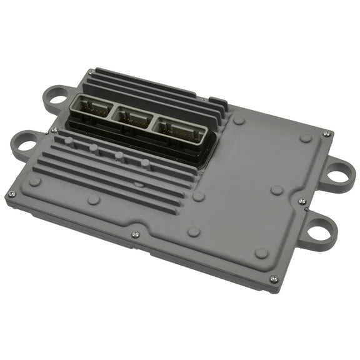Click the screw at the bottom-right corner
[x=273, y=280]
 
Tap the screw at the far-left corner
[x=11, y=194]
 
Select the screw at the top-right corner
[x=325, y=133]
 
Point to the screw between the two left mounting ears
[x=54, y=130]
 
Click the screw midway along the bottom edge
[x=135, y=235]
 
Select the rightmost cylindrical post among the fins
[x=145, y=164]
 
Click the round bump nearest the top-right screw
[x=305, y=138]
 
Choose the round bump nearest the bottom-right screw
[x=262, y=253]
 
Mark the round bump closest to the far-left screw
[x=35, y=181]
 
